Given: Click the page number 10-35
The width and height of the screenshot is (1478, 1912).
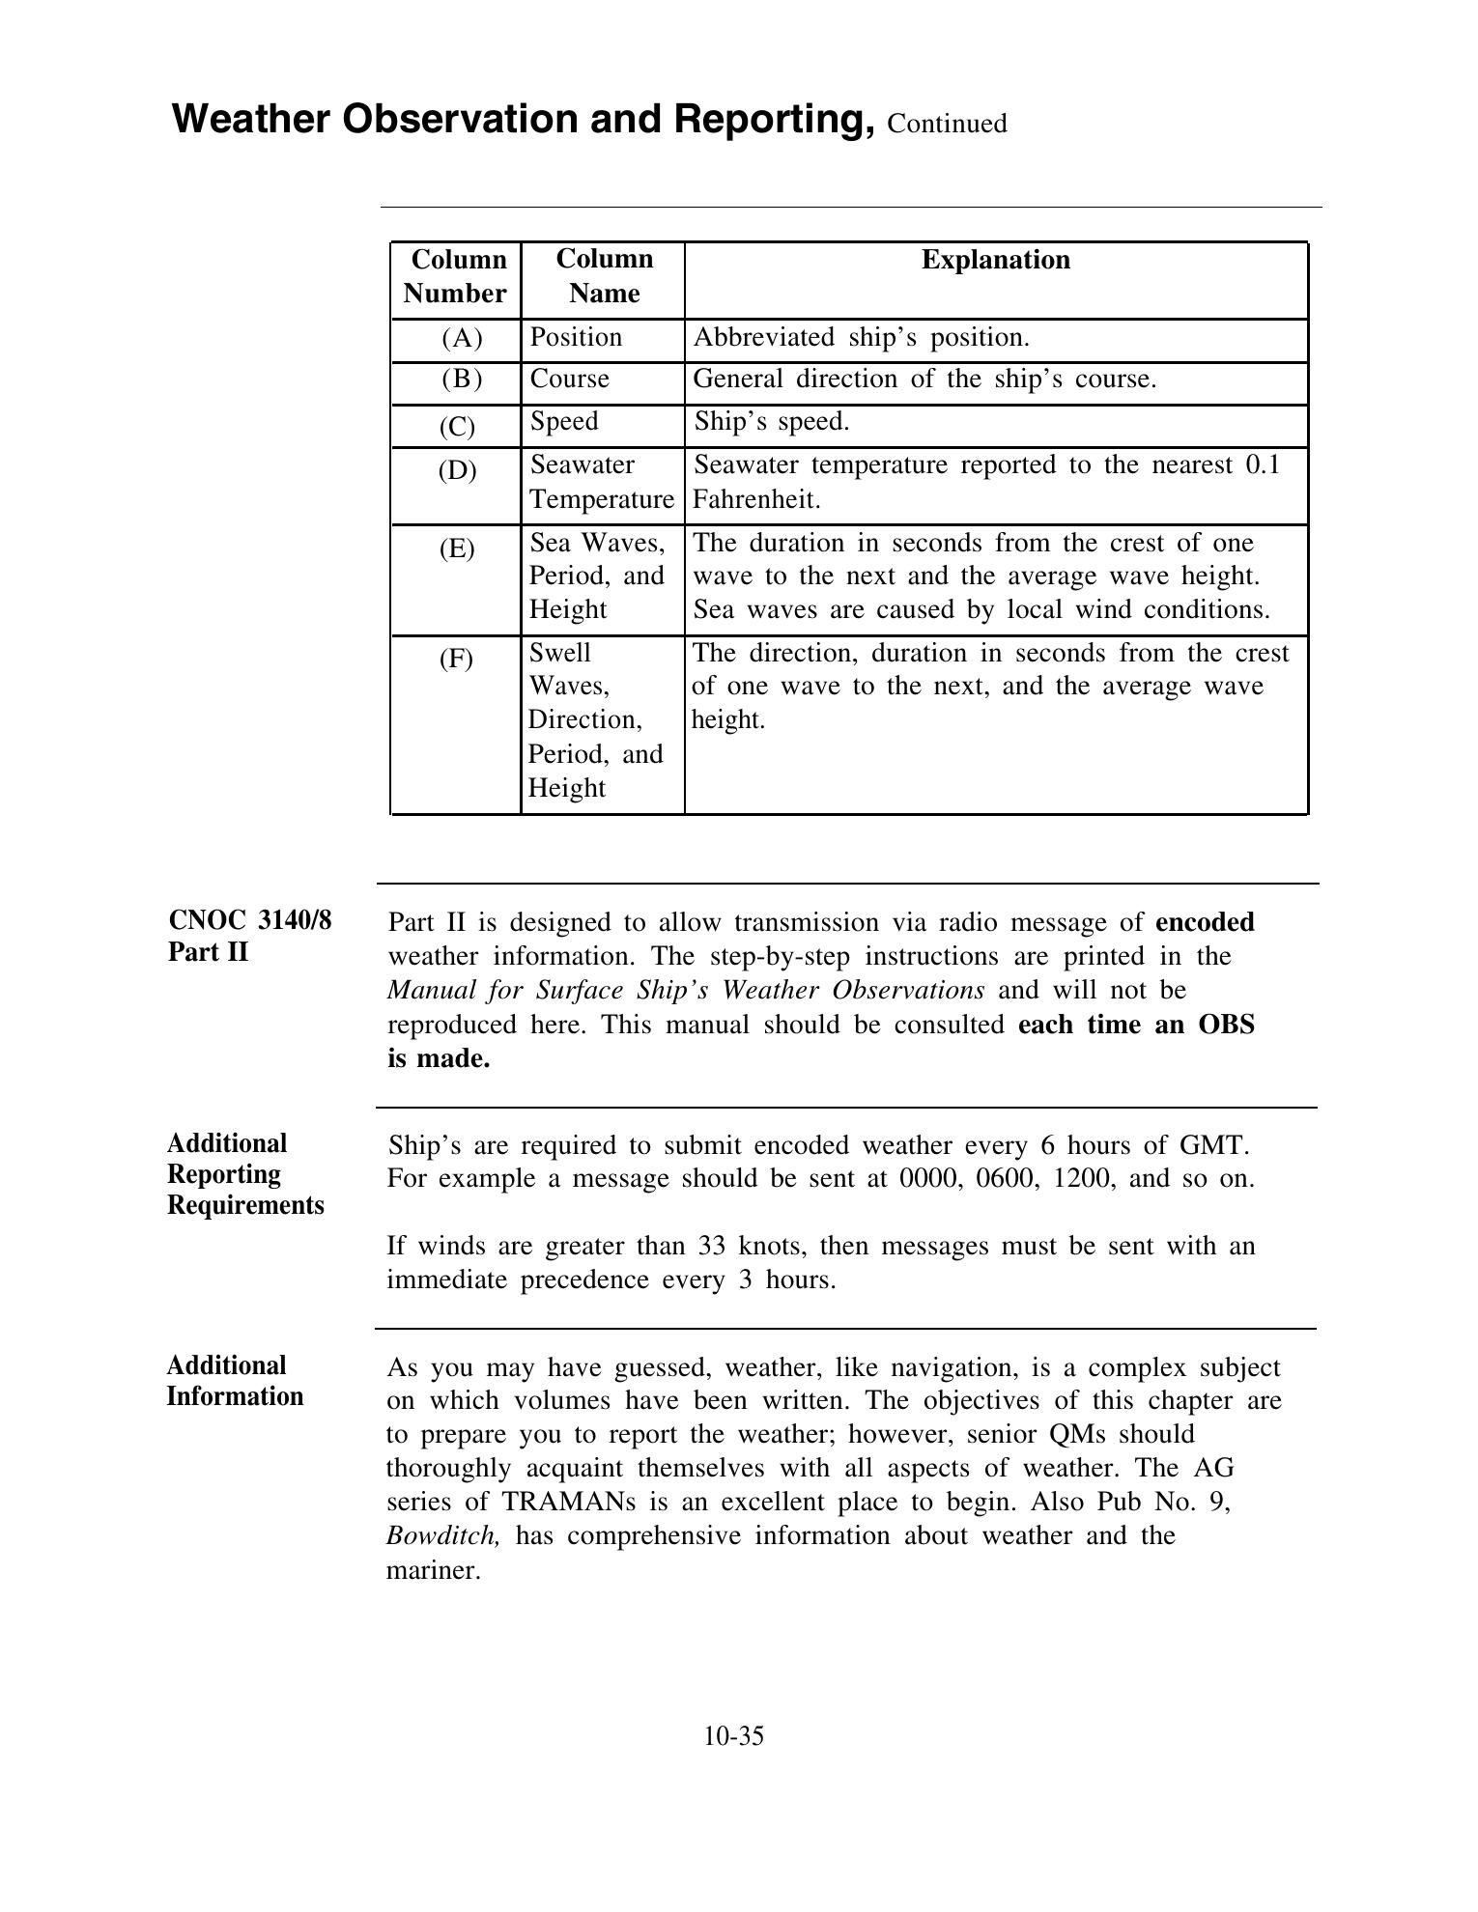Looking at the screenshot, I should click(x=733, y=1736).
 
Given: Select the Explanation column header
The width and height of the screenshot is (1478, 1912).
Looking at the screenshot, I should click(x=995, y=260).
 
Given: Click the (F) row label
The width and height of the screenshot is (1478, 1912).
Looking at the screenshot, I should click(x=456, y=660).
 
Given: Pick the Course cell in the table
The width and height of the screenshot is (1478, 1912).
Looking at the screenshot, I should click(x=570, y=379).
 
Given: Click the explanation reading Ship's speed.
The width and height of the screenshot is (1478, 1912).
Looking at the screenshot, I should click(x=771, y=422).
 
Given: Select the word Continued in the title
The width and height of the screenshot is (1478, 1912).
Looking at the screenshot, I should click(x=947, y=124).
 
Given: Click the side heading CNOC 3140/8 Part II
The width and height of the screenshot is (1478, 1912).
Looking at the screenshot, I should click(x=249, y=936).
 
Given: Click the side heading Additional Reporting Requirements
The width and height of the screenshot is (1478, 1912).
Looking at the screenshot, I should click(x=245, y=1174).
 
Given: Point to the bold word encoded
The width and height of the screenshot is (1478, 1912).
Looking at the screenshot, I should click(x=1204, y=922).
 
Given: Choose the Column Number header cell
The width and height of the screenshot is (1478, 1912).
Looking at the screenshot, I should click(x=455, y=276).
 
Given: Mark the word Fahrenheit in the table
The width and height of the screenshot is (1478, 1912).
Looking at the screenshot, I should click(x=757, y=499).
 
